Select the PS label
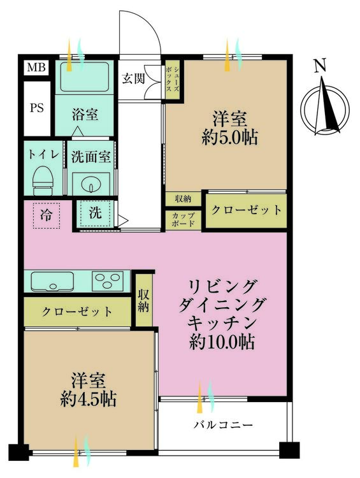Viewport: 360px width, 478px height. [36, 107]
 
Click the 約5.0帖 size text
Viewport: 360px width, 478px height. [230, 137]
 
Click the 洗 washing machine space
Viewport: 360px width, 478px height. [94, 214]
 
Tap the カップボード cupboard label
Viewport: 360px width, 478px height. [184, 220]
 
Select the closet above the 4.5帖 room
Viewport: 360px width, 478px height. [78, 312]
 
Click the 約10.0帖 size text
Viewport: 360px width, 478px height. [222, 342]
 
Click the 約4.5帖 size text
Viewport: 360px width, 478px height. [89, 400]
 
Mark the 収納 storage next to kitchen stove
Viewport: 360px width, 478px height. [144, 300]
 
